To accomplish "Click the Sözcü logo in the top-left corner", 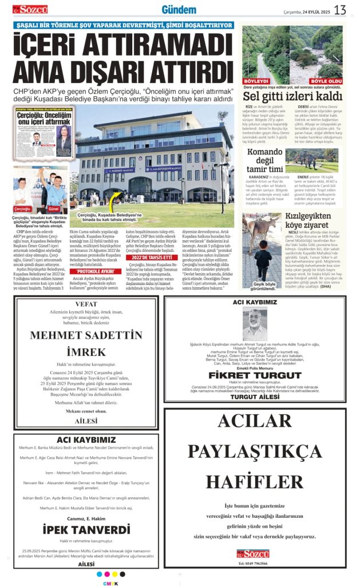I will [30, 9].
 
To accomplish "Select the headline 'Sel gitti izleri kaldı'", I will [292, 96].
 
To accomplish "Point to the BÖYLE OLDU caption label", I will [327, 81].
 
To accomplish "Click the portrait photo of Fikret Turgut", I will [255, 325].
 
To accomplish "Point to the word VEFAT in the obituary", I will [86, 304].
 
